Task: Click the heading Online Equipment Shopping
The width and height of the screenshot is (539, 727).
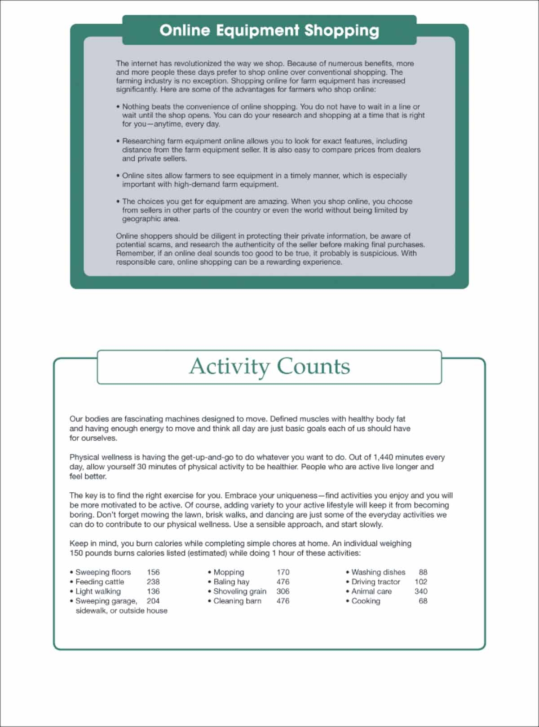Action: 269,30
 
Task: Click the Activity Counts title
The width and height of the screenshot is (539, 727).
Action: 269,366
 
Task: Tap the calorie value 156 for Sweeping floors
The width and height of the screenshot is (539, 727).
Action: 153,572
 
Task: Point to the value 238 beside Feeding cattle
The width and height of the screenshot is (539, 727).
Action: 153,582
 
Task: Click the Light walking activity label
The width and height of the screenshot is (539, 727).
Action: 98,591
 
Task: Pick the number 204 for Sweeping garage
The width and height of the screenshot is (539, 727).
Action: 153,601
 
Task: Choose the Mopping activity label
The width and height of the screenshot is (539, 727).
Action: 229,572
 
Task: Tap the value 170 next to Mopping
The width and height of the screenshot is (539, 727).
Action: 283,572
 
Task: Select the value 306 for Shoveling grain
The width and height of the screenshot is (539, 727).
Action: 283,591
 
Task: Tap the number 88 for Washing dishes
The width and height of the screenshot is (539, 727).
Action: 423,572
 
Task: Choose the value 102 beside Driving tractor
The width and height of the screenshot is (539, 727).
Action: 421,582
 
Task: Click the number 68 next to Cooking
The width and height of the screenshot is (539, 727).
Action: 423,601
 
